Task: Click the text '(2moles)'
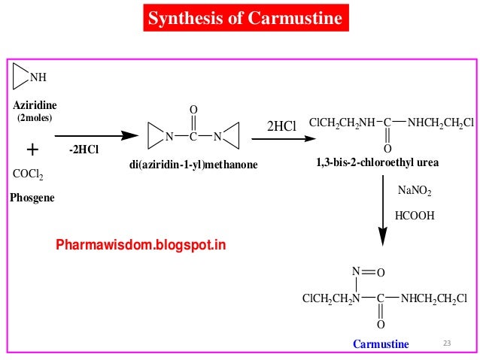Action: [x=35, y=119]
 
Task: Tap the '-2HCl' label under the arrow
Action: [x=84, y=150]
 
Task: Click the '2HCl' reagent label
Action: [x=282, y=127]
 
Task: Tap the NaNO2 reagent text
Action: [x=415, y=192]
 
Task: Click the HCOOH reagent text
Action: [x=416, y=215]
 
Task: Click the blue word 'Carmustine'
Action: [x=381, y=344]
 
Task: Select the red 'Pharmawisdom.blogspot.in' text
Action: [x=141, y=245]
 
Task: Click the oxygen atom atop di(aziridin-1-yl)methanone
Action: [x=193, y=110]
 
